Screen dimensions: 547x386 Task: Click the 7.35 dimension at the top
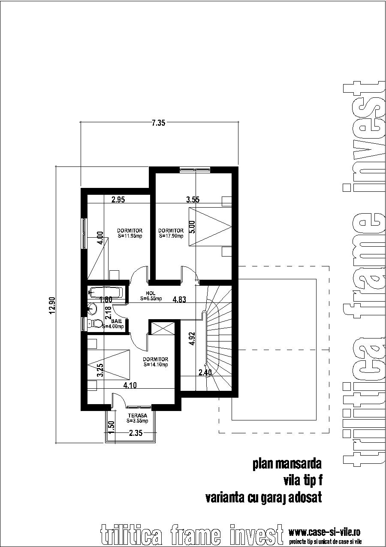(158, 123)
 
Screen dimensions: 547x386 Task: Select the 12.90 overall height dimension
(52, 305)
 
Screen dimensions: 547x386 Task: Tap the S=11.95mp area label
(130, 236)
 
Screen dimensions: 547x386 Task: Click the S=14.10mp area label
(155, 365)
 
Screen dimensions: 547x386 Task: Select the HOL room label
(150, 293)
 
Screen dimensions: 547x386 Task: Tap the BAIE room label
(115, 321)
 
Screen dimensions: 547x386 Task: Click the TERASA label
(137, 416)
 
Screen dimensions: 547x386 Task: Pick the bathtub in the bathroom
(107, 293)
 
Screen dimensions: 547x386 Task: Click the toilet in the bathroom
(95, 324)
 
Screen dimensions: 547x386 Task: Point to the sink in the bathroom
(91, 308)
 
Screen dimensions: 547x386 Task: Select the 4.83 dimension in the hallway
(179, 300)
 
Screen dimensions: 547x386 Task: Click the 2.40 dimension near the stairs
(205, 373)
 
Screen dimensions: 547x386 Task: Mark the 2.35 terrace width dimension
(136, 433)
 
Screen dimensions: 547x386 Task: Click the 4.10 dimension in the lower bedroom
(130, 385)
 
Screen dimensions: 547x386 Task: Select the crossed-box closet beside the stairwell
(163, 328)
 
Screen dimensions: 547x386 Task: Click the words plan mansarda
(287, 464)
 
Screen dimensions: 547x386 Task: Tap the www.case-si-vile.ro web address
(324, 532)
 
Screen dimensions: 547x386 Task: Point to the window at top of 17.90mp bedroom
(195, 170)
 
